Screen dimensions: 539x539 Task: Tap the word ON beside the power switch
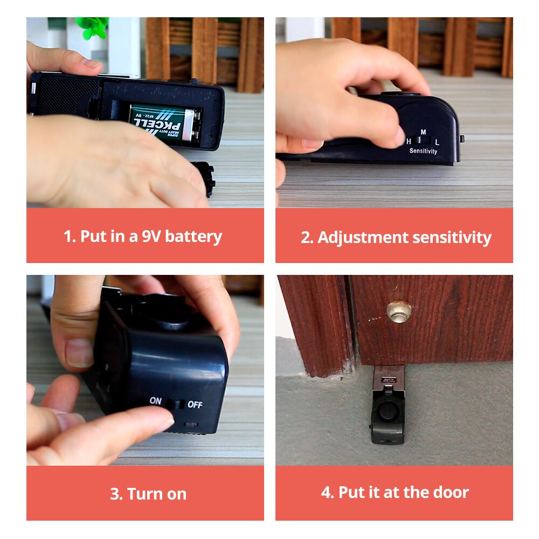coord(156,401)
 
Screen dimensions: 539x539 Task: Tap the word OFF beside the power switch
coord(195,404)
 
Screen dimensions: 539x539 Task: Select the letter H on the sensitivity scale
coord(409,141)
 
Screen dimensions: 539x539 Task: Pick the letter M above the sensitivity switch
coord(423,132)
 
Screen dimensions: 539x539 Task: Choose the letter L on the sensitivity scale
coord(437,142)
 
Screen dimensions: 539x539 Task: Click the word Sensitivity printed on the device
coord(423,151)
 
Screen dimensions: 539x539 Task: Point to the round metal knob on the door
coord(399,311)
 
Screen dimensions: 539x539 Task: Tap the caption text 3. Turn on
coord(148,494)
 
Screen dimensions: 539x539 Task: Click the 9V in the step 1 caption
coord(150,236)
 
